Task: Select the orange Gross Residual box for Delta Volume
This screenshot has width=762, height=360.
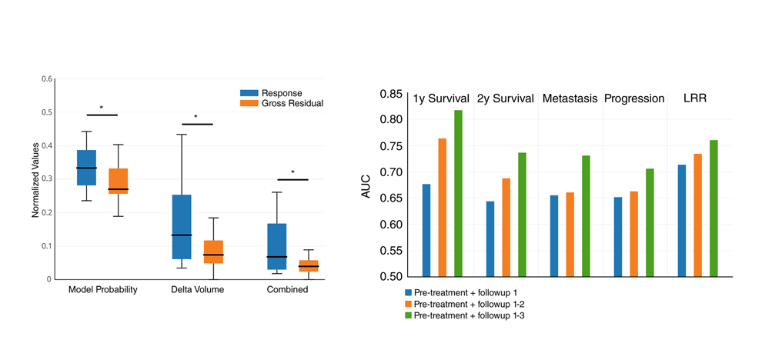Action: [213, 252]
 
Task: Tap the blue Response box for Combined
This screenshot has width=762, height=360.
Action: [277, 246]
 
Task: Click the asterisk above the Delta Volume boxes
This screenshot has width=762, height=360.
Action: [196, 118]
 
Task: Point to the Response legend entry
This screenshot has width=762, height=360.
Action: [281, 93]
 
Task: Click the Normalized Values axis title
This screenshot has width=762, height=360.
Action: [35, 179]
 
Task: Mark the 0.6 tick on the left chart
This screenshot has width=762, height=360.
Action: [46, 79]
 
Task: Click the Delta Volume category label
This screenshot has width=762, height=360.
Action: [197, 290]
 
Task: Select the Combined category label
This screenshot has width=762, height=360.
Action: [287, 290]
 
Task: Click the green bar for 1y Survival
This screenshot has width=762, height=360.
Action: [458, 193]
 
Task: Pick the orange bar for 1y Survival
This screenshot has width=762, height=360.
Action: [443, 207]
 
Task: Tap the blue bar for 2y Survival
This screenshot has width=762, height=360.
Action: [490, 238]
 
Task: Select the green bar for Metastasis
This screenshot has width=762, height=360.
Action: [586, 215]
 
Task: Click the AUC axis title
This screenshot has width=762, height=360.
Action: [366, 185]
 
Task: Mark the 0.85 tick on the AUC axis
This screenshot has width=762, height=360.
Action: [391, 95]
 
